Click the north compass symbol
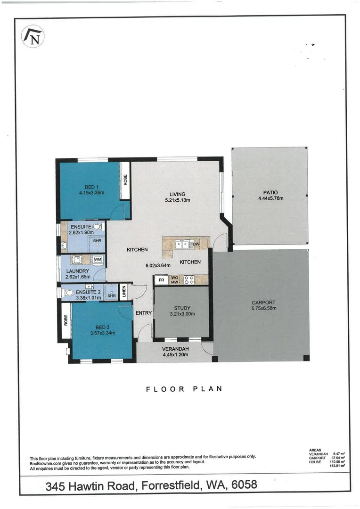[x=33, y=37]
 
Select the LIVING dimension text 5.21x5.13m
[x=177, y=200]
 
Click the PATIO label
[x=270, y=192]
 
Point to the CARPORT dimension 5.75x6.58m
[x=263, y=308]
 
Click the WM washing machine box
[x=98, y=260]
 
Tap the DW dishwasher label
[x=196, y=244]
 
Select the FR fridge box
[x=161, y=280]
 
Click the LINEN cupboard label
[x=123, y=291]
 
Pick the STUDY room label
[x=182, y=308]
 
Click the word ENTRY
[x=143, y=313]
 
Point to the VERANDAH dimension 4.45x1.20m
[x=175, y=354]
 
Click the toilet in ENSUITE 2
[x=69, y=293]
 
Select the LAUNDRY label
[x=77, y=271]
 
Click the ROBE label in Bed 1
[x=125, y=180]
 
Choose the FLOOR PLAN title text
[x=184, y=389]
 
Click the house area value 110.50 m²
[x=337, y=462]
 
